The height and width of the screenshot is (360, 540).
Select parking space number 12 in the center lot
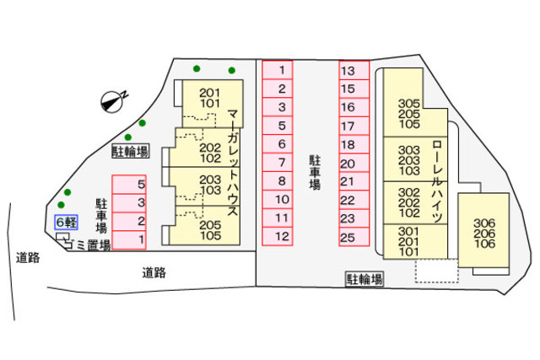(283, 236)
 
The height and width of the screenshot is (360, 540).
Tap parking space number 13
(354, 71)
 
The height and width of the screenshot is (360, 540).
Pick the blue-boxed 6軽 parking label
(66, 223)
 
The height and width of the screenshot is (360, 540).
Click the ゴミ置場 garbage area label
(89, 245)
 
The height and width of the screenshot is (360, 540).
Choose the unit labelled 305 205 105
(408, 114)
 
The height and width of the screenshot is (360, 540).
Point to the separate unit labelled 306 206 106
(484, 234)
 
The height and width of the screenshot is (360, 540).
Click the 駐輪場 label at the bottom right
(364, 278)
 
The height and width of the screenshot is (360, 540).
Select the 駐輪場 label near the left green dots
(130, 152)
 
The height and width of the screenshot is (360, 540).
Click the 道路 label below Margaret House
(153, 271)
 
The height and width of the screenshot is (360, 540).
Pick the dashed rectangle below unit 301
(435, 271)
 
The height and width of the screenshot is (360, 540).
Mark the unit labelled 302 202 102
(408, 202)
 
